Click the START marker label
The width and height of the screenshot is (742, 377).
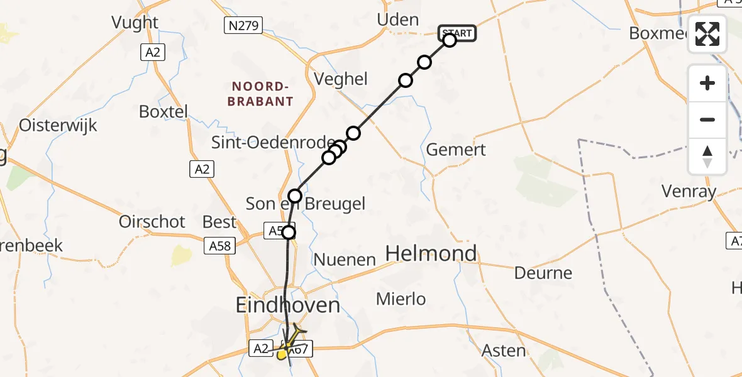(x=457, y=33)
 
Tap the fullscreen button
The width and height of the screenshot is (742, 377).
(x=707, y=34)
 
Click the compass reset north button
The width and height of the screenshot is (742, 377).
(x=707, y=156)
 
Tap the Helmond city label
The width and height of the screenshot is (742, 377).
(x=431, y=253)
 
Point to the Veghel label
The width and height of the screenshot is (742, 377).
(x=340, y=79)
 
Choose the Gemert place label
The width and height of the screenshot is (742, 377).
(x=456, y=150)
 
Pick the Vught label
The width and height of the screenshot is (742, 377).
(x=135, y=22)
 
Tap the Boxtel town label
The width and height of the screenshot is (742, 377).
(x=163, y=112)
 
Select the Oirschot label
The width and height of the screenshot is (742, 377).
(x=152, y=221)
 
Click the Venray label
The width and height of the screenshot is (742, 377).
(x=689, y=191)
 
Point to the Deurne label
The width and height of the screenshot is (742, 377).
(x=543, y=273)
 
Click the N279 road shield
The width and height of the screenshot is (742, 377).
(x=243, y=25)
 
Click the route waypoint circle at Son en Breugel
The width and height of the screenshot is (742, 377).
(x=295, y=196)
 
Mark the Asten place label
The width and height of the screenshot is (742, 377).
(x=504, y=350)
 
